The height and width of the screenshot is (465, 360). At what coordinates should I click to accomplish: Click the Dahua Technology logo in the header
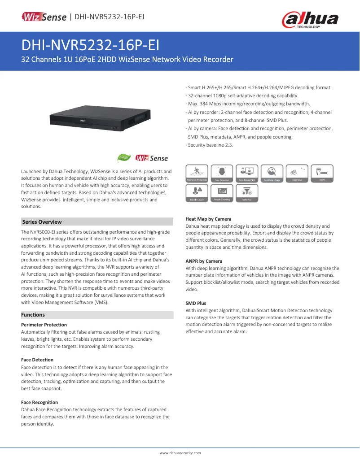[x=310, y=20]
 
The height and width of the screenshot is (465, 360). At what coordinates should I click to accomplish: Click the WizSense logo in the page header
[x=44, y=17]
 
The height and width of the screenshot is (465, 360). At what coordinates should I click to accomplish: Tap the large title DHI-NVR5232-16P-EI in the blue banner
[x=90, y=45]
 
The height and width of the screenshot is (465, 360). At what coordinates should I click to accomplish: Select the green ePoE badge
[x=124, y=158]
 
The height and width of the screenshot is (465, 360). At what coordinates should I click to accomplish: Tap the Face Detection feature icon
[x=222, y=174]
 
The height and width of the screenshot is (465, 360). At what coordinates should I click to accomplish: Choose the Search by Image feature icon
[x=272, y=174]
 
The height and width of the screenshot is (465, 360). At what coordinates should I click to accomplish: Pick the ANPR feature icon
[x=322, y=174]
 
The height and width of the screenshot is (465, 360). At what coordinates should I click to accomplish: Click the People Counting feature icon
[x=222, y=193]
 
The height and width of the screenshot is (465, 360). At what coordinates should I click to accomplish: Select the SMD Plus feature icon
[x=247, y=193]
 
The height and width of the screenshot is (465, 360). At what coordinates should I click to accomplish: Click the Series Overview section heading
[x=42, y=222]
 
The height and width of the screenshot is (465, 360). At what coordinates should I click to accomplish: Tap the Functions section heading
[x=33, y=315]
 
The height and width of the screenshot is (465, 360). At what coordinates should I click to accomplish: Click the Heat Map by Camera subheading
[x=208, y=219]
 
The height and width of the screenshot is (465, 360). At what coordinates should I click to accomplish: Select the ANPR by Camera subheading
[x=204, y=261]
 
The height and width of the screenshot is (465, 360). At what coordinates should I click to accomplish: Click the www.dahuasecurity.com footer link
[x=180, y=453]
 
